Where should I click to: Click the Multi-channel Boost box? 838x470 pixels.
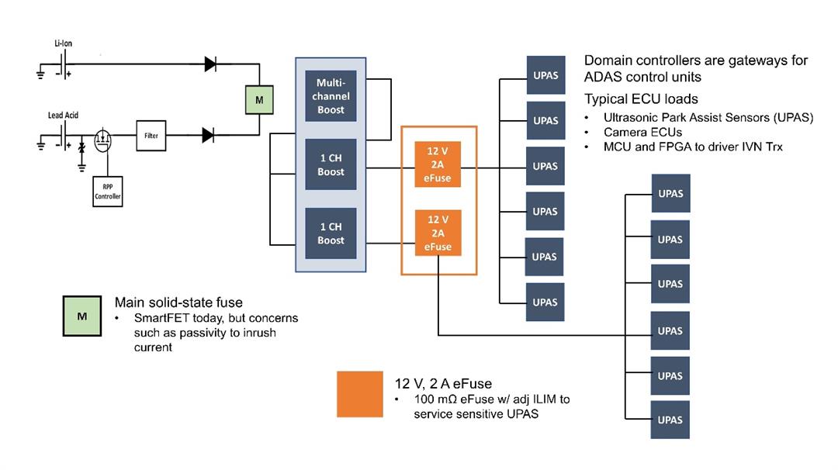pyautogui.click(x=331, y=96)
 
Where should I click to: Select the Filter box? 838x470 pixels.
pyautogui.click(x=151, y=136)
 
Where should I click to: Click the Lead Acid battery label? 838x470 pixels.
pyautogui.click(x=64, y=116)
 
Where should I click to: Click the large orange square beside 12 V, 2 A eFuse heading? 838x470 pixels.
pyautogui.click(x=360, y=394)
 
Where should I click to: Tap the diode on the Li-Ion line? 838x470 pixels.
pyautogui.click(x=210, y=64)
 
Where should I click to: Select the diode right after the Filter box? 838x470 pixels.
pyautogui.click(x=208, y=136)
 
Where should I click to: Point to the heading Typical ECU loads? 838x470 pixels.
pyautogui.click(x=641, y=98)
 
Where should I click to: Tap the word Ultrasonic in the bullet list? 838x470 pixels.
pyautogui.click(x=631, y=118)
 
